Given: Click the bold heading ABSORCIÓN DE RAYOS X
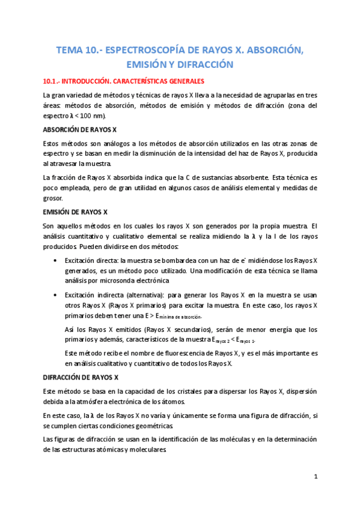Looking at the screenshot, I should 80,130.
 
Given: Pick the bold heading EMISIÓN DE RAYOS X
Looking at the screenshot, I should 75,212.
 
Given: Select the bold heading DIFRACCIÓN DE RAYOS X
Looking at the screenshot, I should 81,378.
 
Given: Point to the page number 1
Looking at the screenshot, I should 316,477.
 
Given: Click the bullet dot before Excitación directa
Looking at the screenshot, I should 56,260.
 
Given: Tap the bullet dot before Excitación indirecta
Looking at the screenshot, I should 56,296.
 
